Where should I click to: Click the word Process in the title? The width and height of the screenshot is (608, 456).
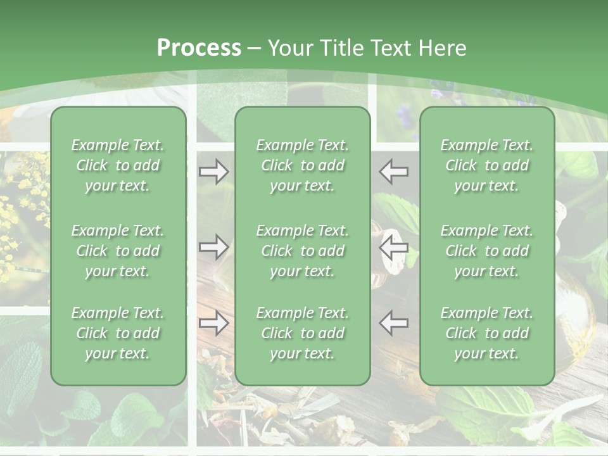(x=199, y=48)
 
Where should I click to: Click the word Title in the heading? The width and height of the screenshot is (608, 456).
(x=341, y=48)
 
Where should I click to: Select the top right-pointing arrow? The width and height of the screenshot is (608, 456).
(x=214, y=172)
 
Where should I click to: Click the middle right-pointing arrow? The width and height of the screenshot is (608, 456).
(x=214, y=247)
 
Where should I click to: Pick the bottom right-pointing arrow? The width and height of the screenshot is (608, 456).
(x=214, y=323)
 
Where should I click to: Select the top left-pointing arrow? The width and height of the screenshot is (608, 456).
(x=394, y=172)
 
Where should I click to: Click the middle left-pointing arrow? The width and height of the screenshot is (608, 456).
(x=394, y=248)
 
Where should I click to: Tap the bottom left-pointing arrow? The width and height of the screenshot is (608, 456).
(x=394, y=323)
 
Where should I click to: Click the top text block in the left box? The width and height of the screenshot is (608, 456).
(x=118, y=165)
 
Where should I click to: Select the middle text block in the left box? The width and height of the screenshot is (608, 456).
(x=118, y=251)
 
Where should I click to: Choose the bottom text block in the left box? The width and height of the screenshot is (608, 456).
(x=118, y=333)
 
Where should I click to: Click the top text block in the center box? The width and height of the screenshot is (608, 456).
(x=302, y=165)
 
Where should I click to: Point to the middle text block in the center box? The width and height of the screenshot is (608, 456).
(x=302, y=251)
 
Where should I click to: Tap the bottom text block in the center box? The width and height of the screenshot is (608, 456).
(x=302, y=333)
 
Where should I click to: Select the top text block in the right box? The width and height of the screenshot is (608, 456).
(x=486, y=165)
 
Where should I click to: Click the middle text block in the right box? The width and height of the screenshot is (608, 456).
(x=486, y=251)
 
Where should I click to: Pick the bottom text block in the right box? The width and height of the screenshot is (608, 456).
(x=486, y=333)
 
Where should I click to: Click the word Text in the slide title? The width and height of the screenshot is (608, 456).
(x=393, y=48)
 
